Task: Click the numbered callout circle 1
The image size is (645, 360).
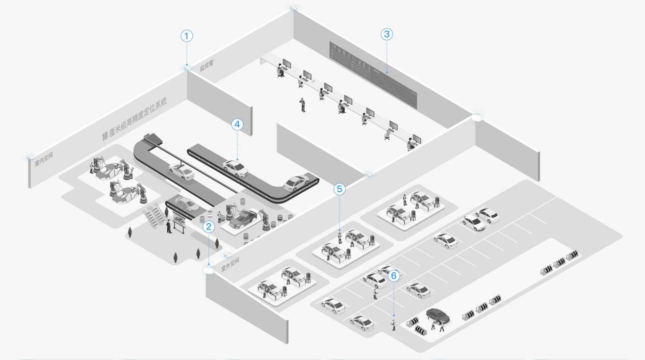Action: (x=187, y=36)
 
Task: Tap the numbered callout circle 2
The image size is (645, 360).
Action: (x=208, y=227)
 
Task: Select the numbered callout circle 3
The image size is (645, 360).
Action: (x=387, y=34)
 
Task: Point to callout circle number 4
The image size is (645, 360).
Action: (x=237, y=124)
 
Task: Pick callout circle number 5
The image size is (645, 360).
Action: (x=340, y=189)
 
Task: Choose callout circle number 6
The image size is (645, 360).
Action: (x=393, y=276)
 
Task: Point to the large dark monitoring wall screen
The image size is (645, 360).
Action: (x=373, y=74)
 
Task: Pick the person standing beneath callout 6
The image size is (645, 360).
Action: (x=393, y=324)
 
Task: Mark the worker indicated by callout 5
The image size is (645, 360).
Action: (x=340, y=237)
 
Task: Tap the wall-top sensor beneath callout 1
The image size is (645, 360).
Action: (x=187, y=67)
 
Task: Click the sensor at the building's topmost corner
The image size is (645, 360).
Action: (x=292, y=7)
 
